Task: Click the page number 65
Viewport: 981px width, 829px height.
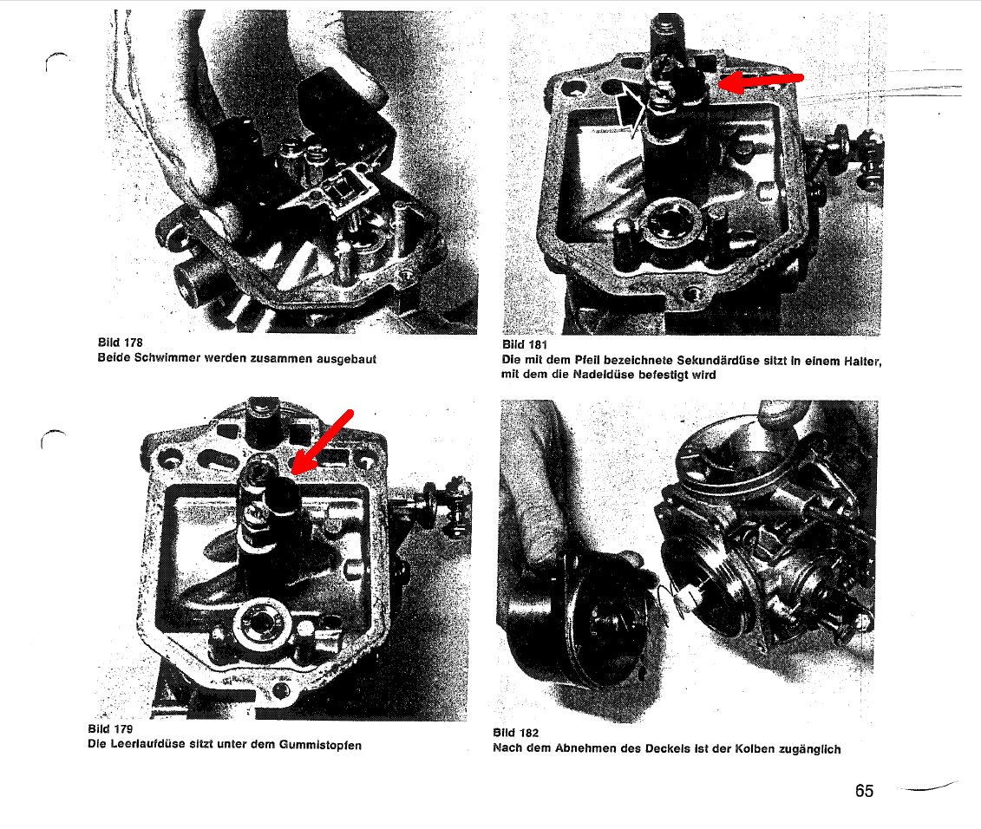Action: click(x=864, y=791)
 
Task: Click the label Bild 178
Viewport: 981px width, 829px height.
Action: click(x=120, y=343)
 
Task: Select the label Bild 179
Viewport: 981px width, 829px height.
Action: click(x=110, y=728)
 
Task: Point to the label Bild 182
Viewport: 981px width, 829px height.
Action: click(x=515, y=733)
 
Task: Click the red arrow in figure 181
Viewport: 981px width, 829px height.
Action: click(x=761, y=81)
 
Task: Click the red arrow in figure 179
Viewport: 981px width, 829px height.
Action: click(x=322, y=441)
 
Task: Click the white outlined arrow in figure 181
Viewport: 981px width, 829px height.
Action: click(x=632, y=108)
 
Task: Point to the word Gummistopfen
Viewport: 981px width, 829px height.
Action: click(x=320, y=745)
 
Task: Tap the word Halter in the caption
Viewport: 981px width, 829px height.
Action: click(x=862, y=361)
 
